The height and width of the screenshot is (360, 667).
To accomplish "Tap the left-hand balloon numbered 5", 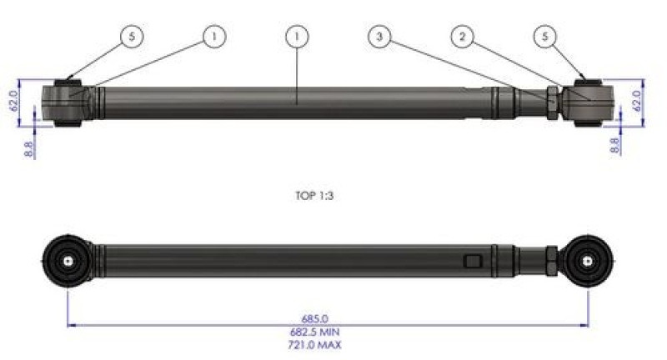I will [131, 37].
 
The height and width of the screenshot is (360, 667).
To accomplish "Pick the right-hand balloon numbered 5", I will [545, 37].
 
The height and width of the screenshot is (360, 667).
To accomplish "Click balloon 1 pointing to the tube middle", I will [297, 37].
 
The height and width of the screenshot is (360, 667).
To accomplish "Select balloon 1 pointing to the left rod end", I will [214, 37].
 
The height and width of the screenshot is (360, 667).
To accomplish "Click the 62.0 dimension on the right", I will [638, 101].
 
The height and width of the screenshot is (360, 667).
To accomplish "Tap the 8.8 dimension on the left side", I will [31, 148].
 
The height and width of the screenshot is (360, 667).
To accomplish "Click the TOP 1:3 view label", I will [320, 197].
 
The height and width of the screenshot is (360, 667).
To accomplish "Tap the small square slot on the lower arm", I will [474, 262].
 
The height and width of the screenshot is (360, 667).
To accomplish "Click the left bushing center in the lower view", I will [67, 259].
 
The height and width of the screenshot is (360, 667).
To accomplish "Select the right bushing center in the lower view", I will [589, 260].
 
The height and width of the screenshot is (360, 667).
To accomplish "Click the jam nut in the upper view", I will [554, 102].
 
